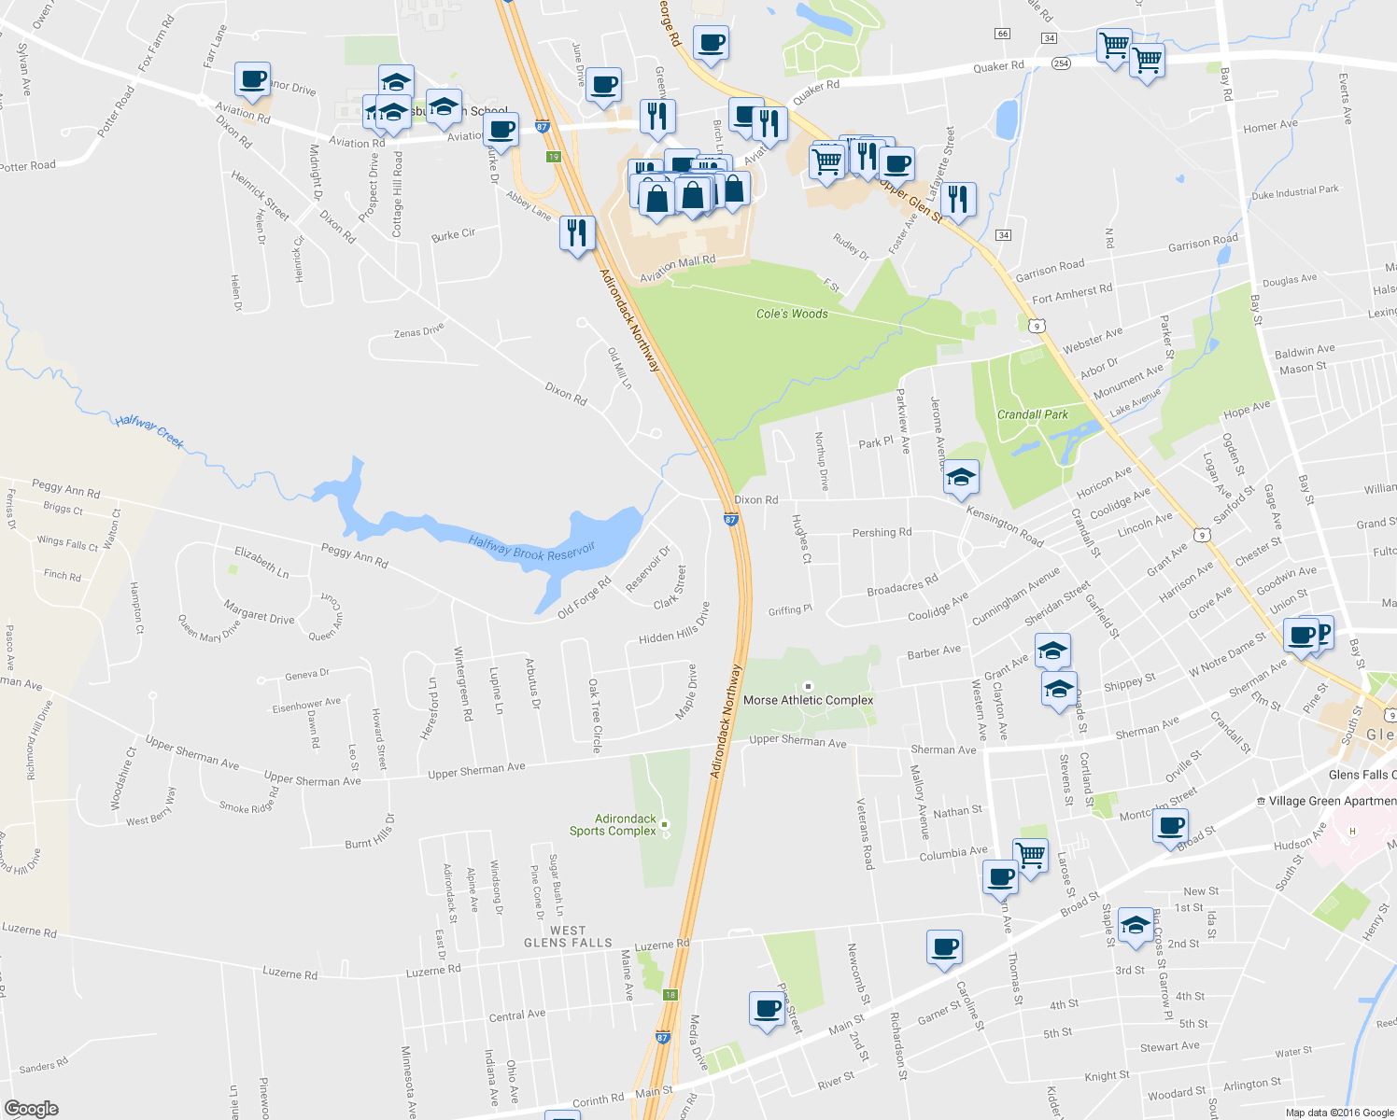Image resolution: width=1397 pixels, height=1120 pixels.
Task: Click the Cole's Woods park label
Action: [x=792, y=314]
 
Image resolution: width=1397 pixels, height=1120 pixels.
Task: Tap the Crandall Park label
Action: [x=1032, y=414]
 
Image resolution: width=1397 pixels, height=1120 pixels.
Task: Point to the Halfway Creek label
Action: [x=149, y=431]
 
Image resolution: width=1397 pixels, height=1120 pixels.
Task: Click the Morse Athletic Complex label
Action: [x=808, y=700]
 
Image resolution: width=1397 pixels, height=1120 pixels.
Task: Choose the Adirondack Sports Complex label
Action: [x=614, y=825]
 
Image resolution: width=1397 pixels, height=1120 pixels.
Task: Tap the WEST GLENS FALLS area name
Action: [x=568, y=937]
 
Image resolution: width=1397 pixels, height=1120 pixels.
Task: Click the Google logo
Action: [x=31, y=1109]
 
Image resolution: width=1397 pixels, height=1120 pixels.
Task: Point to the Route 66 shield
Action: [x=1003, y=34]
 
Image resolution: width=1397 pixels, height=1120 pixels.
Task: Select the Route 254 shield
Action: [x=1061, y=63]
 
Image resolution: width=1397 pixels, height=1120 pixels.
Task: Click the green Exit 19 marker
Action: [x=554, y=157]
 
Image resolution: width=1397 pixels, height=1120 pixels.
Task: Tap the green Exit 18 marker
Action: [x=670, y=995]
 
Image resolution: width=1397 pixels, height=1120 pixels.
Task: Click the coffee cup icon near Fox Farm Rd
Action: [x=252, y=78]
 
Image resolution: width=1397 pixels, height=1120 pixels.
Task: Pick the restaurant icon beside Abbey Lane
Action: [x=577, y=231]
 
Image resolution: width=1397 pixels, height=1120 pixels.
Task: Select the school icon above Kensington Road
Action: [x=961, y=478]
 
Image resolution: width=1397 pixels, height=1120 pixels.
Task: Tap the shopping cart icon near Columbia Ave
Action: [x=1030, y=853]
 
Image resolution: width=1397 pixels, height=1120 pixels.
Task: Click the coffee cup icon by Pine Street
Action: [x=767, y=1009]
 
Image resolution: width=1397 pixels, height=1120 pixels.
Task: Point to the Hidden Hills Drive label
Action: [x=674, y=623]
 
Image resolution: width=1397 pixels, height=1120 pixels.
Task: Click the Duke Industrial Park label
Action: [x=1294, y=192]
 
